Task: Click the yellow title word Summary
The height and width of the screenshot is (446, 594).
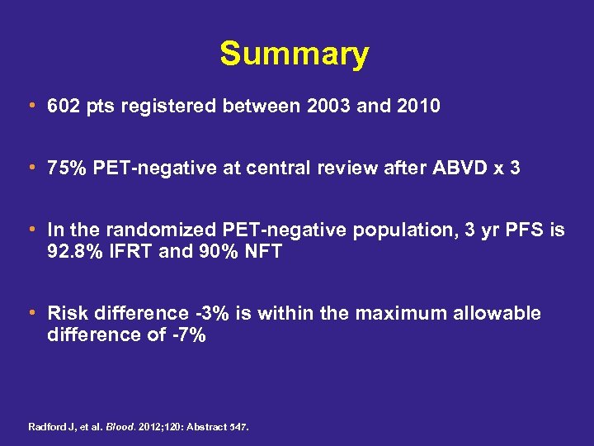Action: pyautogui.click(x=295, y=55)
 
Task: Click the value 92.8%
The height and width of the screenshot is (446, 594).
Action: pyautogui.click(x=73, y=251)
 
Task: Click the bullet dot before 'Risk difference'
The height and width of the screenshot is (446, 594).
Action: pyautogui.click(x=31, y=313)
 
